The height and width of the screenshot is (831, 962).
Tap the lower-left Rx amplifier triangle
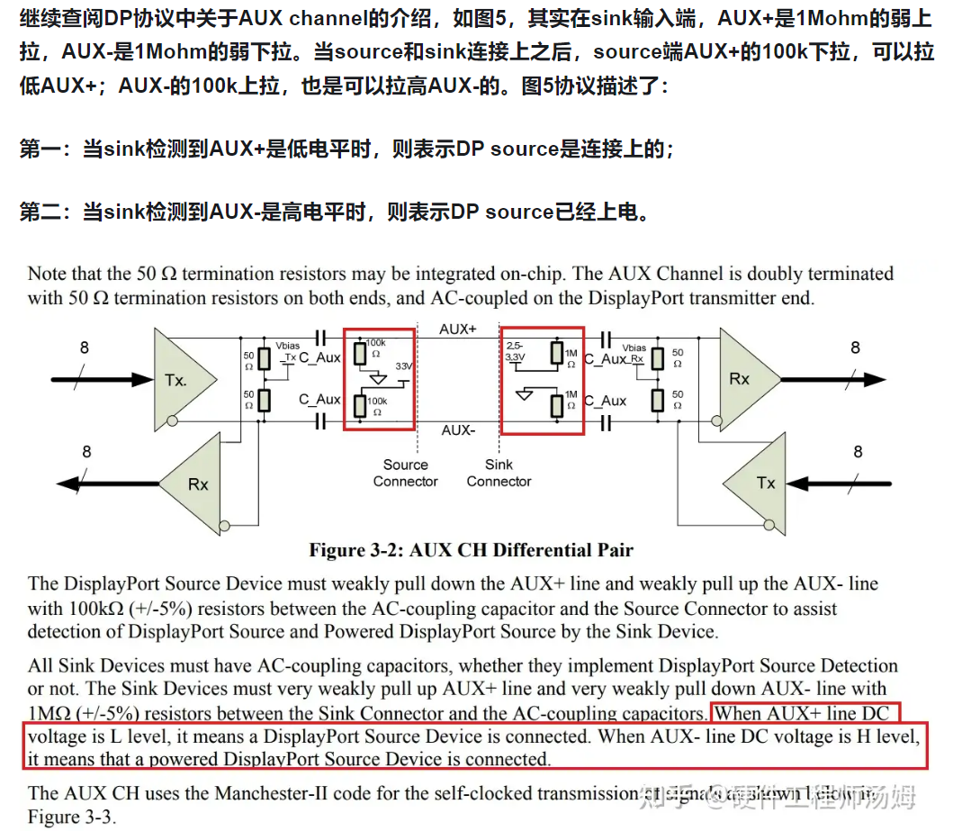(193, 483)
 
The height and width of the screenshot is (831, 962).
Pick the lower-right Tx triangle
(760, 482)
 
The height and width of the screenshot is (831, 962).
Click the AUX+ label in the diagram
(458, 330)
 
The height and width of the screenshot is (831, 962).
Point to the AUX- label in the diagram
(458, 430)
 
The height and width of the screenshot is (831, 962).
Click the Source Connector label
(405, 473)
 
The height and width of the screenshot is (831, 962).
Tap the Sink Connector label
(499, 473)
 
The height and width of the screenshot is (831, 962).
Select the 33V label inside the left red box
(400, 368)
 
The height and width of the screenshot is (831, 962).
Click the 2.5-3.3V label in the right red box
(516, 351)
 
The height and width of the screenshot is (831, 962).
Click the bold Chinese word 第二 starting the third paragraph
(39, 212)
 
